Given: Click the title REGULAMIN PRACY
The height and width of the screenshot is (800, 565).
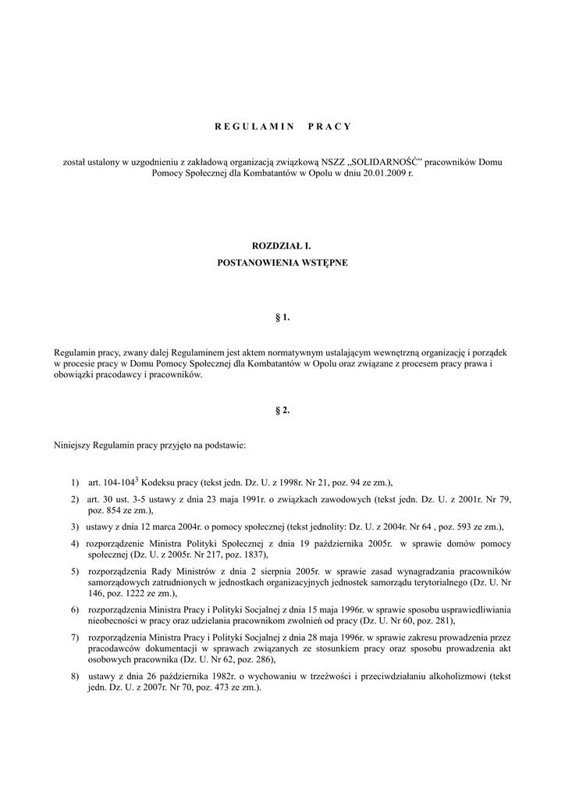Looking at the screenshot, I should point(282,125).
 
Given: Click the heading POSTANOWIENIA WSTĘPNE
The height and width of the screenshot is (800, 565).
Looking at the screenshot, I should point(282,263).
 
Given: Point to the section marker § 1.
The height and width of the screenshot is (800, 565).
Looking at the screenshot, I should point(282,317).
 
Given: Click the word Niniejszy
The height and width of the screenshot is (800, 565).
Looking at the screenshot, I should point(72,446).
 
